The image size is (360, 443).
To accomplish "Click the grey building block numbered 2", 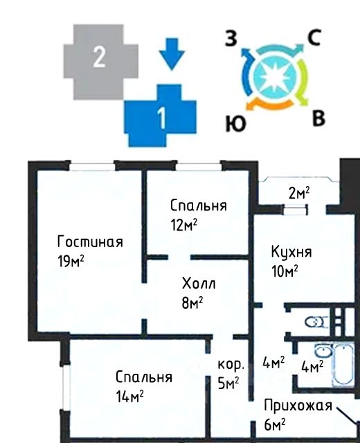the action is [100, 62].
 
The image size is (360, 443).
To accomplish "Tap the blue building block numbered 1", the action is [161, 116].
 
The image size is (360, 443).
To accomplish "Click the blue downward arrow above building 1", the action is [172, 54].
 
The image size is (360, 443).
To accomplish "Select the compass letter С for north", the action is [314, 37].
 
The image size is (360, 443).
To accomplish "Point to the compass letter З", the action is [231, 39].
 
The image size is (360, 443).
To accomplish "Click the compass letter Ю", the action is [235, 124].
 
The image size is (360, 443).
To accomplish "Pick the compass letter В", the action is [318, 118].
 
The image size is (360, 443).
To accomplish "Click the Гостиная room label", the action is [90, 242].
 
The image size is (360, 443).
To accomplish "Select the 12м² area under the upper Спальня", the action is [183, 225].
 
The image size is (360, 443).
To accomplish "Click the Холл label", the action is [199, 283].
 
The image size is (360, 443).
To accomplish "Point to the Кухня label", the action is [291, 251].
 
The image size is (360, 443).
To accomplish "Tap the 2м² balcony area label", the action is [299, 193].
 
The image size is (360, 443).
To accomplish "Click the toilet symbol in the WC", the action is [316, 322].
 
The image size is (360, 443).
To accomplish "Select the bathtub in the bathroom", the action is [343, 364].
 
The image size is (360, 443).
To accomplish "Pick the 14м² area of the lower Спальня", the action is [129, 396].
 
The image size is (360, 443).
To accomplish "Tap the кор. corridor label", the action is [231, 365].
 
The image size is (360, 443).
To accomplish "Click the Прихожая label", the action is [298, 406].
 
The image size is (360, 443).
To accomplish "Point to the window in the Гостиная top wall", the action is [92, 166].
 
